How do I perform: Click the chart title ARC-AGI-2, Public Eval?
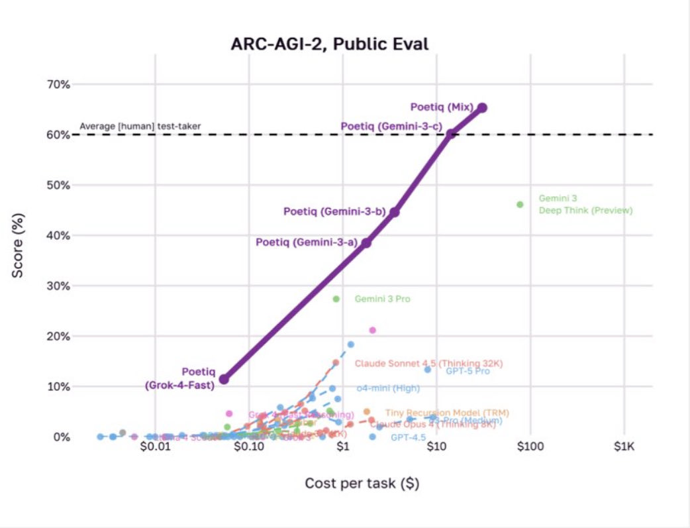(329, 45)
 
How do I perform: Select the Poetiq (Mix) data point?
(482, 107)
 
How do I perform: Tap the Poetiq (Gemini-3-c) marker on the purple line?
(450, 134)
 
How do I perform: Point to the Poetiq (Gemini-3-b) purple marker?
(395, 212)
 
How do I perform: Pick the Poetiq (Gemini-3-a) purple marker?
(366, 242)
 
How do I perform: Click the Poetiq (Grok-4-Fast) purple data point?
(224, 379)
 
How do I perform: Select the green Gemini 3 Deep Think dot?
(520, 204)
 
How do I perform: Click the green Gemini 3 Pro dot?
(336, 299)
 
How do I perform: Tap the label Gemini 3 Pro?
(383, 299)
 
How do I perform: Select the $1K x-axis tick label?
(624, 447)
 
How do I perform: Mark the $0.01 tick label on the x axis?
(154, 447)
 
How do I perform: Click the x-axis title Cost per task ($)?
(362, 483)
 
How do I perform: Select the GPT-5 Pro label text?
(468, 371)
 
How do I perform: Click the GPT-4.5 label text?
(408, 437)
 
